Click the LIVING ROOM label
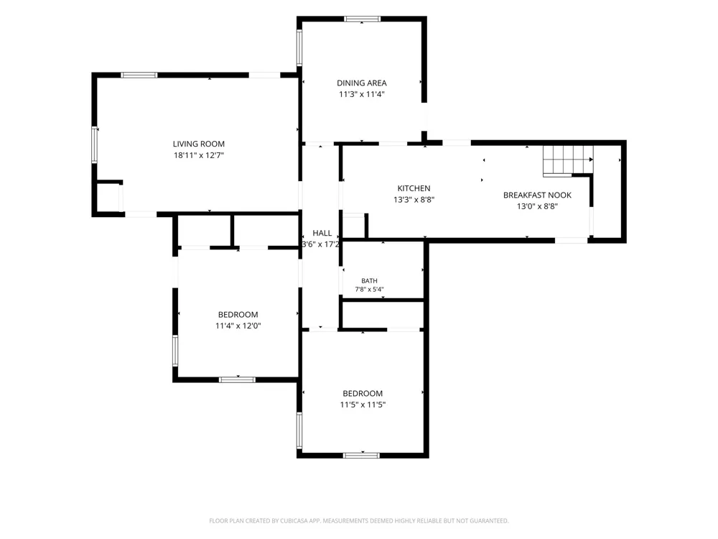tap(199, 144)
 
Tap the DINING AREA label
tap(362, 83)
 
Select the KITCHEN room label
tap(414, 188)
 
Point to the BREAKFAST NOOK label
tap(537, 195)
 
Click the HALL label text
tap(322, 234)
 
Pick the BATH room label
tap(370, 281)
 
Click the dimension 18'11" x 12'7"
tap(199, 155)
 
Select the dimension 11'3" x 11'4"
tap(362, 94)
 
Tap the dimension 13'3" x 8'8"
tap(414, 200)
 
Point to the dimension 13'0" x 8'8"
tap(537, 206)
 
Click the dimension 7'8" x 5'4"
tap(370, 290)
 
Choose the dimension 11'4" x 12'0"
tap(238, 326)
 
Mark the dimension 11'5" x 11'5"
tap(363, 405)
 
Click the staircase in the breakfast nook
tap(568, 161)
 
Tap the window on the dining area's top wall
tap(362, 19)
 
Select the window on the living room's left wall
tap(95, 145)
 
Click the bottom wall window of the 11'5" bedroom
tap(361, 455)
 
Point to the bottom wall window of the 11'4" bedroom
tap(237, 379)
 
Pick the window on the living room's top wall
tap(139, 75)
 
